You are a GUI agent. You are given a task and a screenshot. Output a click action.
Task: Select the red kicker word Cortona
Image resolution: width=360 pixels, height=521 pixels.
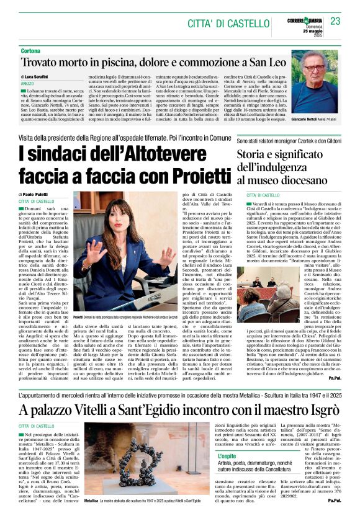point(30,50)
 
